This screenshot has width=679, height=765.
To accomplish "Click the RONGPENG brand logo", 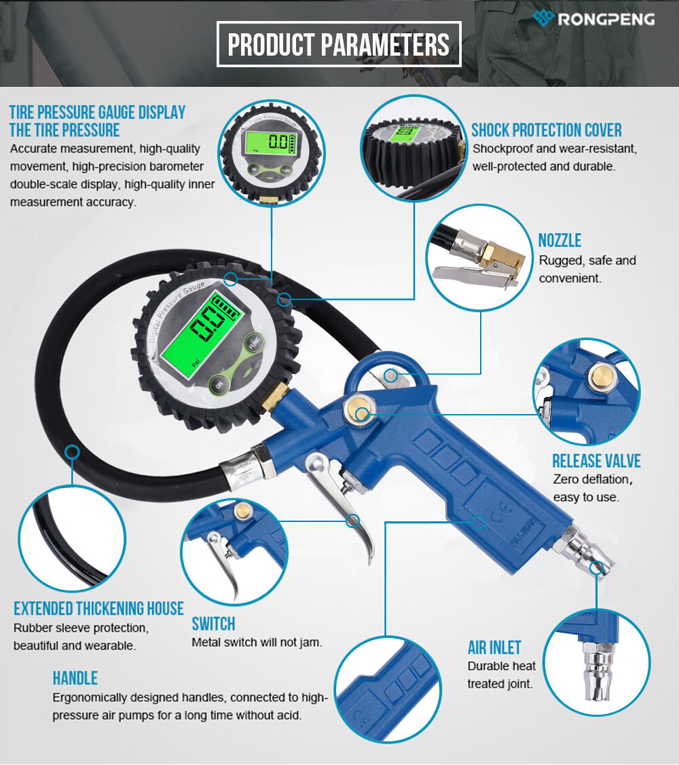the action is pos(593,18).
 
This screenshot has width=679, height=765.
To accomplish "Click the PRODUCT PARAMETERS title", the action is pos(339,44).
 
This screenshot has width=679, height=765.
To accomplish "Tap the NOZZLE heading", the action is pos(559,240).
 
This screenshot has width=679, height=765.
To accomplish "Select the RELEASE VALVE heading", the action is pos(596,461).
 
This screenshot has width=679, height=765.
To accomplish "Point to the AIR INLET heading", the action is pos(494,648).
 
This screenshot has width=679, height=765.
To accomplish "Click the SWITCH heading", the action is pos(213,624).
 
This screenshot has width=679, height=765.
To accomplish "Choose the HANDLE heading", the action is pos(75,678).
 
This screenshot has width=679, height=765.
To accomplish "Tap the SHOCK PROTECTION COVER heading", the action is pos(546,130).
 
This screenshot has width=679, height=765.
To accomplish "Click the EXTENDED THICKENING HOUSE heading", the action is pos(98,609).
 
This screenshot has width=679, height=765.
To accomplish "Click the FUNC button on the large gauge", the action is pos(254,342).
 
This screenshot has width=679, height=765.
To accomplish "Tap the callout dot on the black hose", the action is pos(72,452).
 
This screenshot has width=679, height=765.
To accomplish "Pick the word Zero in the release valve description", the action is pos(565,479).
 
